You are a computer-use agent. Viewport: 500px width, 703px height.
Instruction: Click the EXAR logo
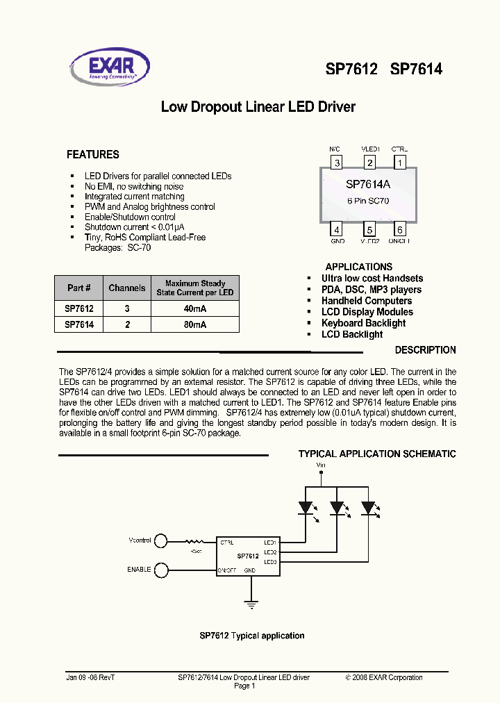[x=117, y=66]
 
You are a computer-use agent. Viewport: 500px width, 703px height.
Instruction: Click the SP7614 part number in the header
[x=416, y=69]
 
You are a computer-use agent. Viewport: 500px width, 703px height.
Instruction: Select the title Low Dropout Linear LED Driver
[x=258, y=107]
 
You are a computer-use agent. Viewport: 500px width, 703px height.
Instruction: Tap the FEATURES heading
[x=92, y=155]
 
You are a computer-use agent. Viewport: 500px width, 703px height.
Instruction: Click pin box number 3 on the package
[x=337, y=163]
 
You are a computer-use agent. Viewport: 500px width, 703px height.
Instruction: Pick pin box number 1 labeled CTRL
[x=400, y=163]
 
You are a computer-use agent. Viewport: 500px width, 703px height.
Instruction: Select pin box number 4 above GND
[x=337, y=231]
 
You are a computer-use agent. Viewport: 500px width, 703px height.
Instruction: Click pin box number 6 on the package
[x=400, y=231]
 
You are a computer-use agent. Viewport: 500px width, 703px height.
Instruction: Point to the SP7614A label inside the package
[x=368, y=185]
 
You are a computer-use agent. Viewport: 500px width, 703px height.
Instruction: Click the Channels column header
[x=127, y=288]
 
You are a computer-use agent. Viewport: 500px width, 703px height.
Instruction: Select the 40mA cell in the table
[x=195, y=308]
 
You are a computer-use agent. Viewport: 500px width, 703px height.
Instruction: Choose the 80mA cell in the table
[x=195, y=324]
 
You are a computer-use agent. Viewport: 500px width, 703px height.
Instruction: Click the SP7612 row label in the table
[x=79, y=308]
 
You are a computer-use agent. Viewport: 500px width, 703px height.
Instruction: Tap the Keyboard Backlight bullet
[x=363, y=323]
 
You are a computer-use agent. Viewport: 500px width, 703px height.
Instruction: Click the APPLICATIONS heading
[x=358, y=267]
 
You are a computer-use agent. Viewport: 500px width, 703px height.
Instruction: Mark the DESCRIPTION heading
[x=425, y=350]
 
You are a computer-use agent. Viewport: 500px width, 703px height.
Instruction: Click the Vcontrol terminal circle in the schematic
[x=161, y=540]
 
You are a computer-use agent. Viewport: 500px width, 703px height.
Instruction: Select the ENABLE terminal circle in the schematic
[x=161, y=570]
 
